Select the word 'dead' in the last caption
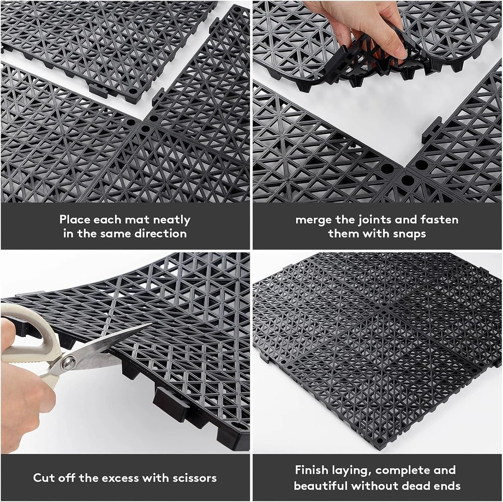point(415,486)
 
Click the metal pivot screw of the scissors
point(68,362)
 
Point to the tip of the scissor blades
point(151,324)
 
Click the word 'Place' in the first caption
point(74,220)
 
